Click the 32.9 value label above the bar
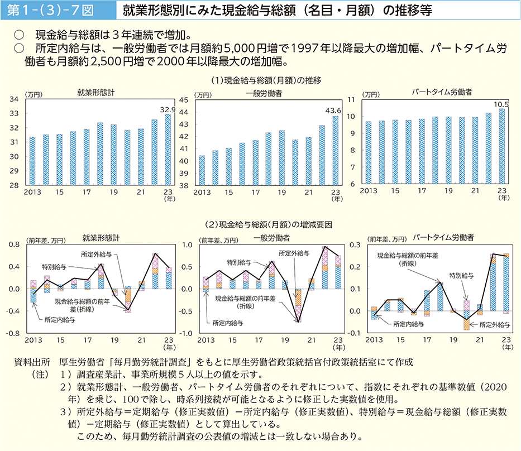coord(168,109)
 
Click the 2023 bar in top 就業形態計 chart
coord(168,150)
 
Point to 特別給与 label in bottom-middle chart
coord(238,262)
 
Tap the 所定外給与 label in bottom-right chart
coord(494,324)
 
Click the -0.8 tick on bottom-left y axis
coord(12,333)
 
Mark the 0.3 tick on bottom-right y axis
coord(354,245)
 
